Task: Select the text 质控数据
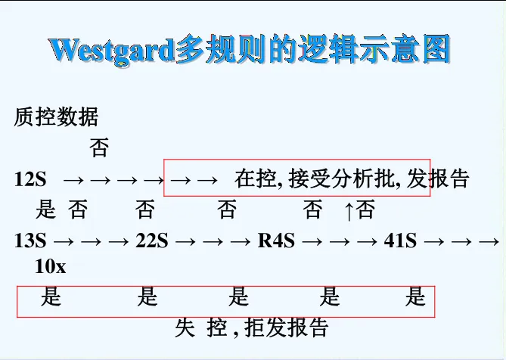pos(56,117)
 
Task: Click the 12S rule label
pos(30,180)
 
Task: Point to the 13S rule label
pos(30,241)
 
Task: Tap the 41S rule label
pos(400,241)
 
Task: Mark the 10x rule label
pos(51,266)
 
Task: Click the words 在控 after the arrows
pos(255,180)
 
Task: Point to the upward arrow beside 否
pos(349,210)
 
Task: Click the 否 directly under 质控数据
pos(99,147)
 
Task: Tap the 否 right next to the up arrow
pos(366,209)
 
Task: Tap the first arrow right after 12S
pos(73,181)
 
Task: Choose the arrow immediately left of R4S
pos(241,242)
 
